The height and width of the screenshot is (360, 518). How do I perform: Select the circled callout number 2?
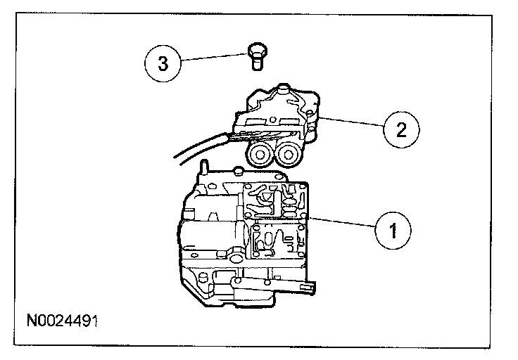[401, 129]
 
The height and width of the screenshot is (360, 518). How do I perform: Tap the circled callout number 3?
[163, 64]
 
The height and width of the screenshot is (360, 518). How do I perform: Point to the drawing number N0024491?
[62, 321]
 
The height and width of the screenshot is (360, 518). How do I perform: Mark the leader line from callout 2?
[348, 122]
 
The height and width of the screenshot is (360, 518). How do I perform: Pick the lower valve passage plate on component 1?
[274, 239]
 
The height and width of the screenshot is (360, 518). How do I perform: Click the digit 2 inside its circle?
[401, 129]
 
